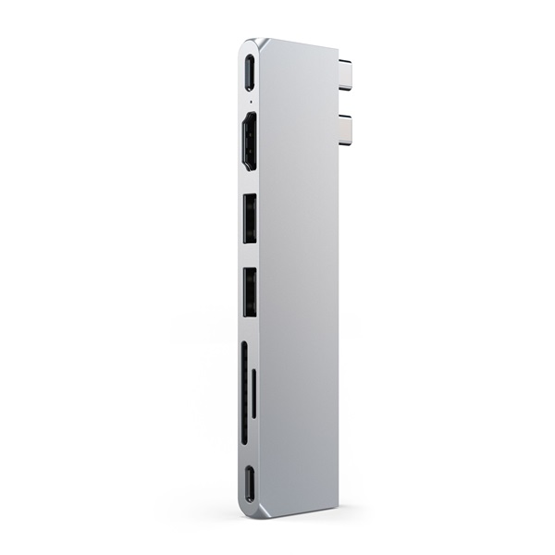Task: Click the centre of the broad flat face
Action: click(298, 277)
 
